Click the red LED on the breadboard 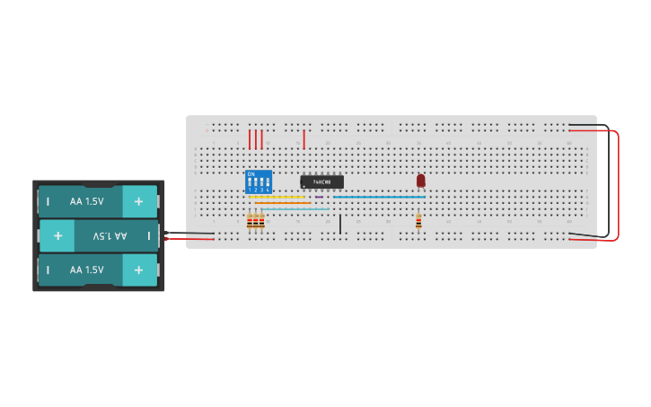[x=420, y=181]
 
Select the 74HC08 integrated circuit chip [x=321, y=181]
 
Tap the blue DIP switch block [x=259, y=181]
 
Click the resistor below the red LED [x=418, y=219]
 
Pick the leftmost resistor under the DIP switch [x=249, y=221]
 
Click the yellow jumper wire [x=278, y=197]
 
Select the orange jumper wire [x=282, y=203]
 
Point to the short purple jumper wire [x=319, y=197]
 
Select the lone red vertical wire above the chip [x=304, y=139]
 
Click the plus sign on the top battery [x=138, y=202]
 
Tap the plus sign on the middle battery [x=57, y=235]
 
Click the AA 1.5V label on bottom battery [x=87, y=270]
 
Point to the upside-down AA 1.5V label [x=110, y=235]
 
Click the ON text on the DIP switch [x=251, y=173]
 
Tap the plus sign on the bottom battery [x=138, y=270]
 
